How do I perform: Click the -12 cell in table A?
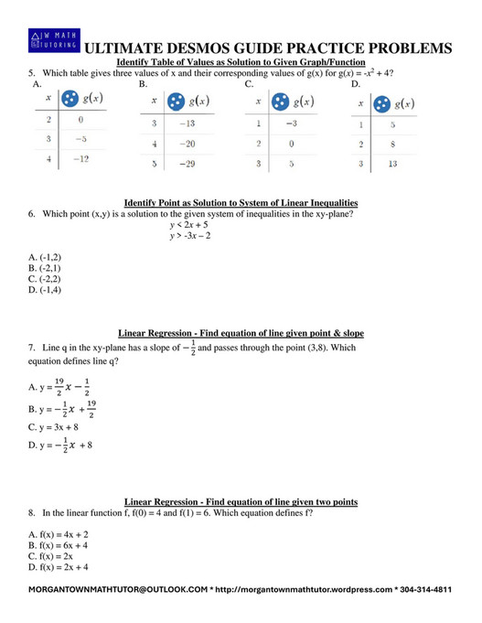80,159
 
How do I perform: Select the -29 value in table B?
188,165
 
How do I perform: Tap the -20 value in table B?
188,144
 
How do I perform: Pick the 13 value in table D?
393,164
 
